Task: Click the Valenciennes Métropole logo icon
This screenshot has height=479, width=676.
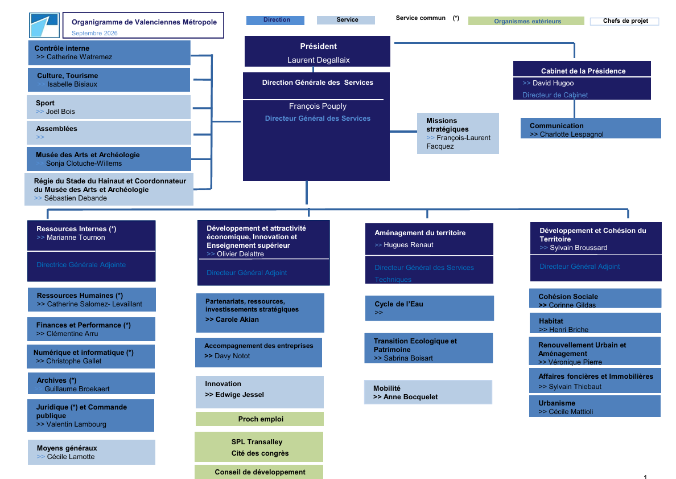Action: coord(44,26)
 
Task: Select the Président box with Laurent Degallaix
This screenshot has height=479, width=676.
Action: coord(318,51)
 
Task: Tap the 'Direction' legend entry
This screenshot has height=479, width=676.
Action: coord(275,21)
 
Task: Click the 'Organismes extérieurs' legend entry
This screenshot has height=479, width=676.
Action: coord(526,21)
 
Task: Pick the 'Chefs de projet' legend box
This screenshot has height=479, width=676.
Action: coord(625,21)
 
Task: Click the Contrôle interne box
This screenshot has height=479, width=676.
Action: coord(109,52)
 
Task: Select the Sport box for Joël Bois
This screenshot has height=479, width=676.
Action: coord(109,107)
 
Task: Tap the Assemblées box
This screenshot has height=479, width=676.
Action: coord(109,133)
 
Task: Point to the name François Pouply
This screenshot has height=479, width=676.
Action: coord(318,106)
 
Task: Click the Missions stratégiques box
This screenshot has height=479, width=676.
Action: coord(458,133)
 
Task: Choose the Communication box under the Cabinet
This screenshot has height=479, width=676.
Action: coord(591,128)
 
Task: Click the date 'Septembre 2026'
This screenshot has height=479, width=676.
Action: coord(94,33)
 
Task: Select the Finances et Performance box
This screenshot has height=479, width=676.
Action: coord(91,329)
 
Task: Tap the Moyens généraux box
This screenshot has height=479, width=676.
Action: coord(92,452)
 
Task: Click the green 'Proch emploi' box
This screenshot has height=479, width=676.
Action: coord(259,419)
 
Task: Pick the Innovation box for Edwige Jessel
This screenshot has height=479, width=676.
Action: coord(259,392)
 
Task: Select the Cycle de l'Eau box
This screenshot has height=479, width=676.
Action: coord(430,308)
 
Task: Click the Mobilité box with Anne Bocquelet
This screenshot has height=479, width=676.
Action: coord(428,392)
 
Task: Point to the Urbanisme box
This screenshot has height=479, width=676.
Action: coord(595,406)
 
